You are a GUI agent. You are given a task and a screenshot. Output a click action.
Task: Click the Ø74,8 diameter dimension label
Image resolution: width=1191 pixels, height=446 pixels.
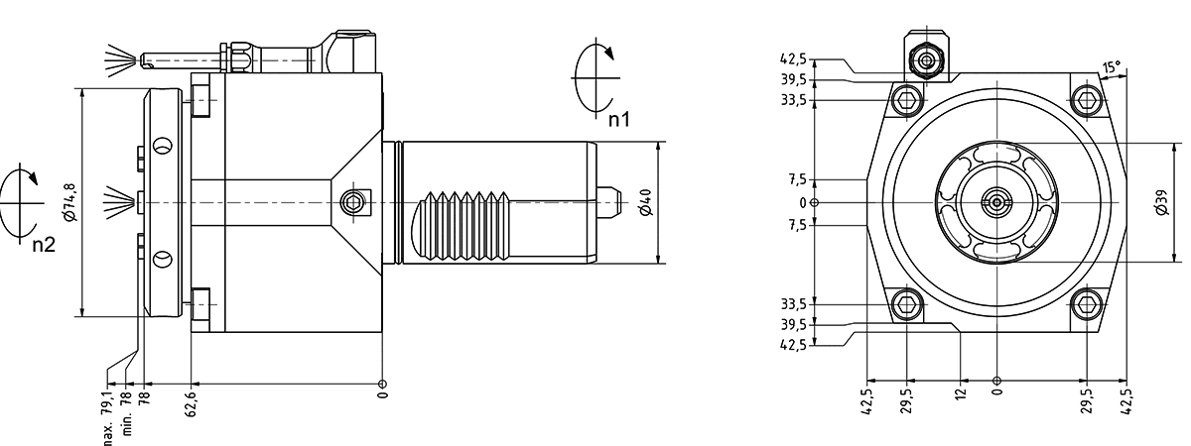68,201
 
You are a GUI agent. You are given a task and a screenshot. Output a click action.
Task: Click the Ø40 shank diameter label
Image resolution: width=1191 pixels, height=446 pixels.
645,203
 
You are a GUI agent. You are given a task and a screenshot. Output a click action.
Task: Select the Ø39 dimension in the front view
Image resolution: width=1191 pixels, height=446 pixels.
1162,202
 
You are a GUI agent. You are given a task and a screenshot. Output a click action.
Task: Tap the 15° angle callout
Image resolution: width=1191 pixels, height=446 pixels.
1111,68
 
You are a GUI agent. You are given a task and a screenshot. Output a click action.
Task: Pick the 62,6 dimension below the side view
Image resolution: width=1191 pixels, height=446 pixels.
190,403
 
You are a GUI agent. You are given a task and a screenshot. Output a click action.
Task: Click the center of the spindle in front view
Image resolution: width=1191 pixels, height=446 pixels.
995,202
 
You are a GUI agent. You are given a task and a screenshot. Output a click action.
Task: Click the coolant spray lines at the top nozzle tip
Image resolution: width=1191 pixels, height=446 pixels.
119,56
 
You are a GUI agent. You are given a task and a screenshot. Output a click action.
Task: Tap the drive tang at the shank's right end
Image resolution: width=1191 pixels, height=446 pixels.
609,202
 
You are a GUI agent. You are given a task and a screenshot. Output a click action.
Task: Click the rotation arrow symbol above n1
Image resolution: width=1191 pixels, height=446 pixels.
594,73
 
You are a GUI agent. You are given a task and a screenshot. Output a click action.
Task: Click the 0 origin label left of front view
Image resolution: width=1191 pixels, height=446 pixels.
803,203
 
